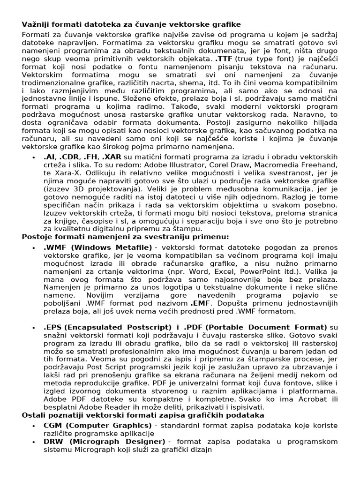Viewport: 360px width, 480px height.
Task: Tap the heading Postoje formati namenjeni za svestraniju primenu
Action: click(x=126, y=236)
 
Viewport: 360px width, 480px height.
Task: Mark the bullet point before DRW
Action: click(x=34, y=442)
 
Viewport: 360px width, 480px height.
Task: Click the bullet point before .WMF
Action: click(x=34, y=247)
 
